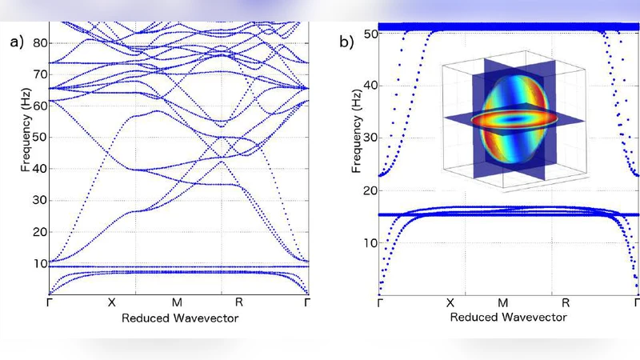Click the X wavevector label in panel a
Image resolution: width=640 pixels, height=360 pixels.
tap(112, 305)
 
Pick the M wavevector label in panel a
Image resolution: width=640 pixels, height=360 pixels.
tap(176, 305)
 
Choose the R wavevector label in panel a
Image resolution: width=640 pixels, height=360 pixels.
tap(238, 305)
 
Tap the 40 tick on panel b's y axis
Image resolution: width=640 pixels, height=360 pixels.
tap(367, 85)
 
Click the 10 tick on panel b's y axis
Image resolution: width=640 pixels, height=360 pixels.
tap(367, 242)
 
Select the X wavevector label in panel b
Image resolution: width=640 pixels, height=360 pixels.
tap(450, 305)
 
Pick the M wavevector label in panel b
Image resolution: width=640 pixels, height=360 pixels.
tap(503, 305)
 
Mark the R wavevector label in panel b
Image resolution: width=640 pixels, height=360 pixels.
tap(565, 305)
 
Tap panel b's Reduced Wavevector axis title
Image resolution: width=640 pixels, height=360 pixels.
tap(508, 318)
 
